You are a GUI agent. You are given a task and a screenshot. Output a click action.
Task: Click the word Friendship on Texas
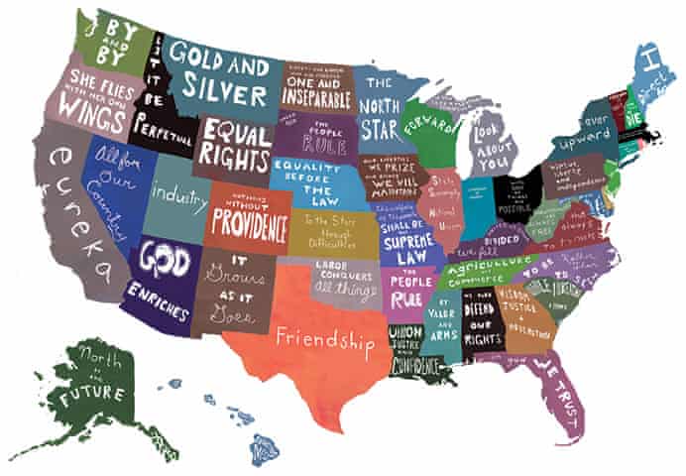coord(325,339)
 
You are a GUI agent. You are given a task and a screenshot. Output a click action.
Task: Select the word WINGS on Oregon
coord(95,107)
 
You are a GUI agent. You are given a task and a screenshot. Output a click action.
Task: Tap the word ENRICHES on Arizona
coord(158,300)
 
